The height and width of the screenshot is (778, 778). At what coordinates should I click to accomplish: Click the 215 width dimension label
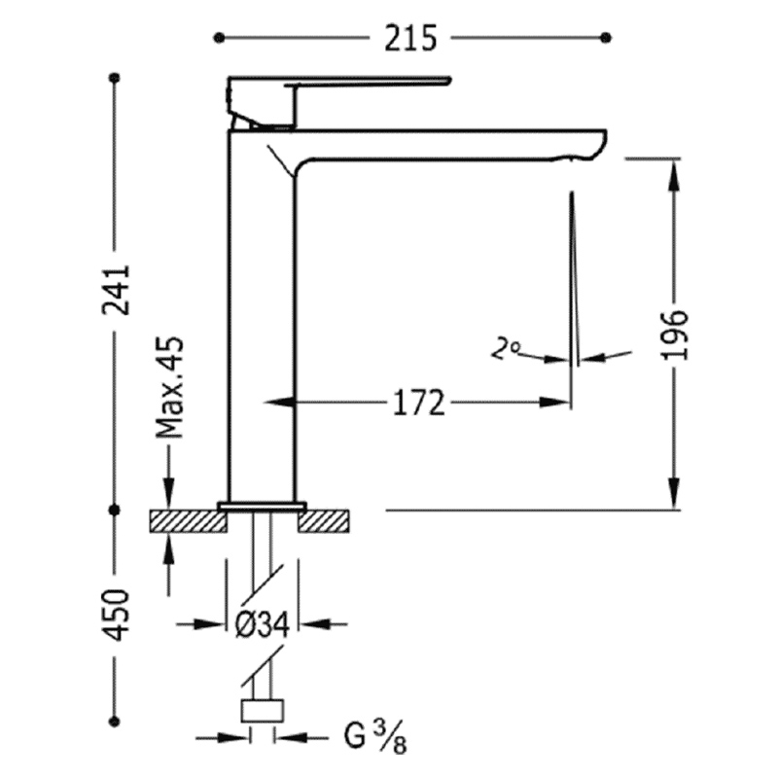(x=410, y=38)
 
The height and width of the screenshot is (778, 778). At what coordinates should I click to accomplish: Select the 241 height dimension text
(x=116, y=290)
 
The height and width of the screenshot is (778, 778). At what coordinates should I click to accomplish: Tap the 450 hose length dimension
(x=116, y=615)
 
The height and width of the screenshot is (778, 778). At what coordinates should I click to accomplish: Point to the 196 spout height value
(x=676, y=335)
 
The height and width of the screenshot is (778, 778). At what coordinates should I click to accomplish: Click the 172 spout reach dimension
(x=419, y=403)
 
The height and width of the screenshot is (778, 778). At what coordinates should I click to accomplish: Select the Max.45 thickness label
(x=169, y=387)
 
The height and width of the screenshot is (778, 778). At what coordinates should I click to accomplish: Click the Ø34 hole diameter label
(x=262, y=624)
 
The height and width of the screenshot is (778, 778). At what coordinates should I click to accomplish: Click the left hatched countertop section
(x=188, y=521)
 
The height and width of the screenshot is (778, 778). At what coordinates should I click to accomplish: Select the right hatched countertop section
(x=324, y=521)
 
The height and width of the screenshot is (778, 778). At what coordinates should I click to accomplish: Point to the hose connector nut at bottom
(x=263, y=711)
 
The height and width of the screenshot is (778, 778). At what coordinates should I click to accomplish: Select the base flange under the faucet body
(x=262, y=506)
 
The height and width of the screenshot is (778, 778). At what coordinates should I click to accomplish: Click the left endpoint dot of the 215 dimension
(x=219, y=38)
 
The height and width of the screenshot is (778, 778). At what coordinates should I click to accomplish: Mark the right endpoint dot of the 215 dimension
(x=605, y=38)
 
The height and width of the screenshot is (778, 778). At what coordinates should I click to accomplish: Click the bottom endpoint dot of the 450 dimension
(x=115, y=722)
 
